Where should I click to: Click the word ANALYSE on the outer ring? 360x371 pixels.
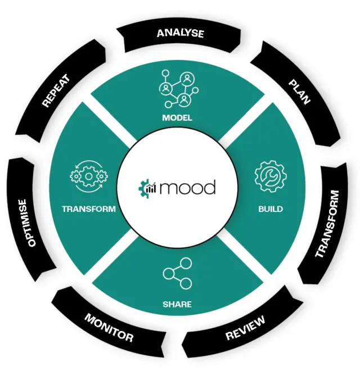[181, 33]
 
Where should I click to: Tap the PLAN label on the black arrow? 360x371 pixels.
[299, 92]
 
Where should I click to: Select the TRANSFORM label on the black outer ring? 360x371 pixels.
[327, 224]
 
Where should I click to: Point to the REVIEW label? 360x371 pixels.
[245, 328]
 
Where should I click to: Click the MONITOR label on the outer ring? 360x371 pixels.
[109, 328]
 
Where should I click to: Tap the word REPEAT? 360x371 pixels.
[56, 91]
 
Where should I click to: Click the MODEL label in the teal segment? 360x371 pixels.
[177, 117]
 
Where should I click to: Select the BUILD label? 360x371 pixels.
[271, 209]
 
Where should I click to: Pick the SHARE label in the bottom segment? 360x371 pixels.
[177, 304]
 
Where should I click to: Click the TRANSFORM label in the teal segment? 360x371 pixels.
[89, 209]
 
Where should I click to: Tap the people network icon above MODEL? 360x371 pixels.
[179, 89]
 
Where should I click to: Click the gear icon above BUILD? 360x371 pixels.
[271, 176]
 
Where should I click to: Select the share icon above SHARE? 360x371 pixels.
[177, 274]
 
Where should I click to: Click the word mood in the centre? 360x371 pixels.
[187, 187]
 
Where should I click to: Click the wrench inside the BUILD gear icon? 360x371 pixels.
[270, 177]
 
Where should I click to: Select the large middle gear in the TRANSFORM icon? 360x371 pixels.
[89, 177]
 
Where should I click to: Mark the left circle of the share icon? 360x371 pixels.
[168, 274]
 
